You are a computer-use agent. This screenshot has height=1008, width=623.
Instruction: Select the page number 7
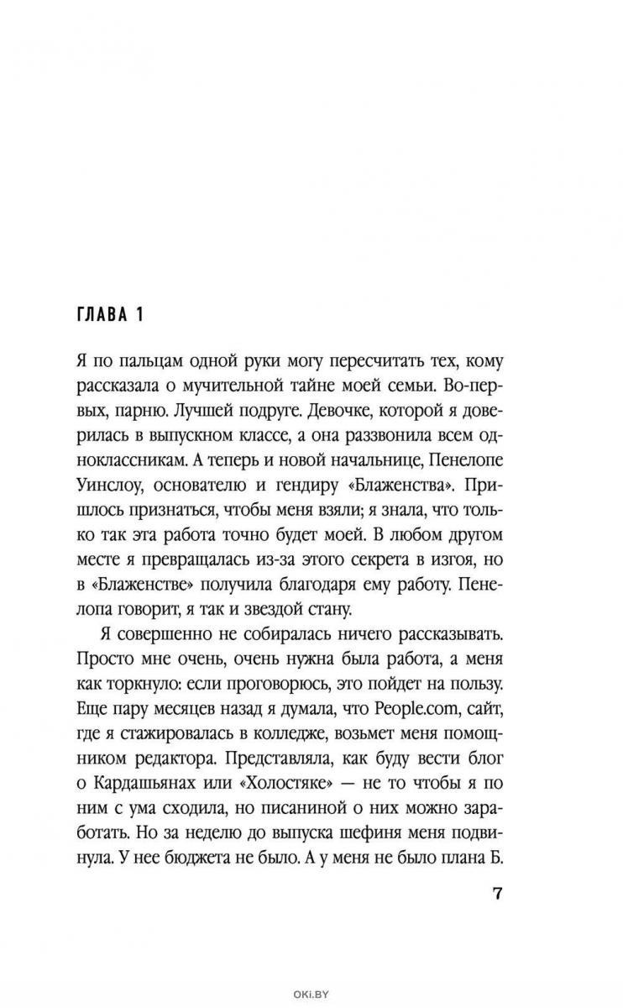(x=496, y=892)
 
